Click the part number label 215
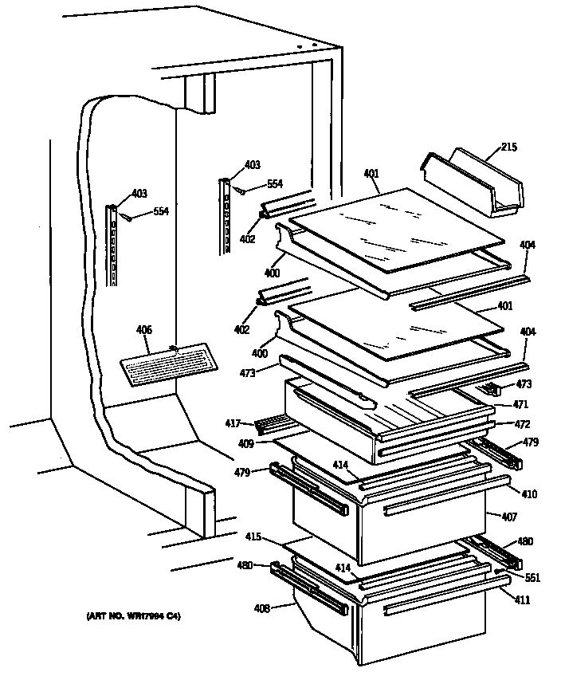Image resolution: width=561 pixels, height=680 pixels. pos(509,147)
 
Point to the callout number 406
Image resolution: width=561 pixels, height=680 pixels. pos(143,330)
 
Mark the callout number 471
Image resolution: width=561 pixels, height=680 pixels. pos(520,405)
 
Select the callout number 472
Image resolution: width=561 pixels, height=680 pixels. pos(521,424)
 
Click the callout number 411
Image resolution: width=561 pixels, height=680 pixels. pos(521,599)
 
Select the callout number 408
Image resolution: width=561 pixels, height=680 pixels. pos(261,608)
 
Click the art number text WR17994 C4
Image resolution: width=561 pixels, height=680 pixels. pos(133,616)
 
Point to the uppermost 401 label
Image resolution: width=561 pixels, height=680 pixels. pos(371,173)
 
